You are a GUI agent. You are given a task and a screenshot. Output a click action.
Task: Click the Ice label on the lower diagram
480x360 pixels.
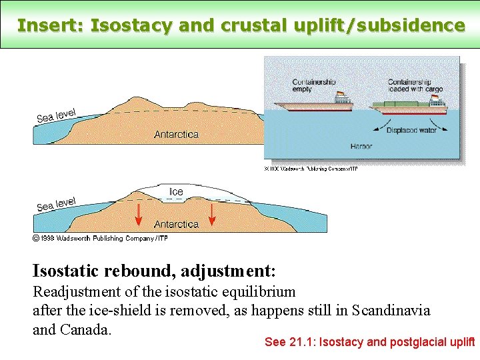tap(176, 192)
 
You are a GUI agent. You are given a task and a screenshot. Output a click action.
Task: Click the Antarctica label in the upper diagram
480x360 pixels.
tap(176, 134)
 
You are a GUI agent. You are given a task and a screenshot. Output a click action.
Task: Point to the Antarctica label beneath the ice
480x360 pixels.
tap(176, 224)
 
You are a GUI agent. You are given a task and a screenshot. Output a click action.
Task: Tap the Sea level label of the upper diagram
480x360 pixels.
tap(56, 115)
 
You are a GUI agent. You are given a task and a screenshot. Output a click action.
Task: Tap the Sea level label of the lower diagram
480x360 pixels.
tap(56, 204)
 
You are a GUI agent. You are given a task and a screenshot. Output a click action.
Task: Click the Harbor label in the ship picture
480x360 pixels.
tap(361, 146)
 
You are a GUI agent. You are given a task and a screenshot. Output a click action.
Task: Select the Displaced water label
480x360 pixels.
tap(411, 130)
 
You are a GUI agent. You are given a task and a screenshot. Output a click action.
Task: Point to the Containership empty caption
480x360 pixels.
tap(315, 85)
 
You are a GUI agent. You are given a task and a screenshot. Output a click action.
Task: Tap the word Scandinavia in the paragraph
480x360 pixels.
tap(391, 311)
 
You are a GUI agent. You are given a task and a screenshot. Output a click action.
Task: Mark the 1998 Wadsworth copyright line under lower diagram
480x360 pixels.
tap(100, 237)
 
